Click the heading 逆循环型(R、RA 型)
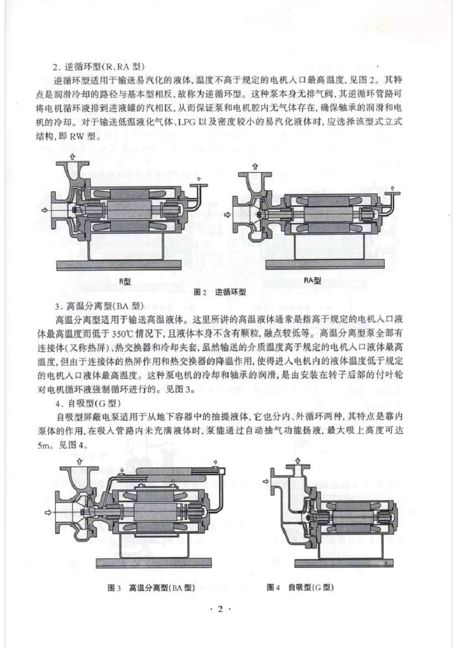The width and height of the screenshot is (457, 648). [x=103, y=67]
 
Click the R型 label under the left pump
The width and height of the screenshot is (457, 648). [x=125, y=281]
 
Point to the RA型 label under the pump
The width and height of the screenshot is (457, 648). [x=313, y=280]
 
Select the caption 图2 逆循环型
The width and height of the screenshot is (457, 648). [x=220, y=292]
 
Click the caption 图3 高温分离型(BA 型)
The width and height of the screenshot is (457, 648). [x=152, y=588]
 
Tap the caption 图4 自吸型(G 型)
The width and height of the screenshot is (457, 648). [x=300, y=587]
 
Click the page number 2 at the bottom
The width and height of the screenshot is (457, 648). [x=221, y=609]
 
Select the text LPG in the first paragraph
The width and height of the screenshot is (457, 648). [x=186, y=122]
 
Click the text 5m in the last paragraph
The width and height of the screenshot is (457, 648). [x=44, y=445]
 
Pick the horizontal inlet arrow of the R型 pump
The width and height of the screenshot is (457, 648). [x=45, y=210]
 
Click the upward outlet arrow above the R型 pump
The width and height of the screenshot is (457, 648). [x=73, y=157]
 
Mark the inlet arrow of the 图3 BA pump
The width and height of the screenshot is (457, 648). [x=48, y=512]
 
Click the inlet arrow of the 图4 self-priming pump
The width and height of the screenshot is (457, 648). [x=266, y=481]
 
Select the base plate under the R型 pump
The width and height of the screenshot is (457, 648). [x=118, y=264]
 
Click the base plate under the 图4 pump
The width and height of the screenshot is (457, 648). [x=344, y=562]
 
